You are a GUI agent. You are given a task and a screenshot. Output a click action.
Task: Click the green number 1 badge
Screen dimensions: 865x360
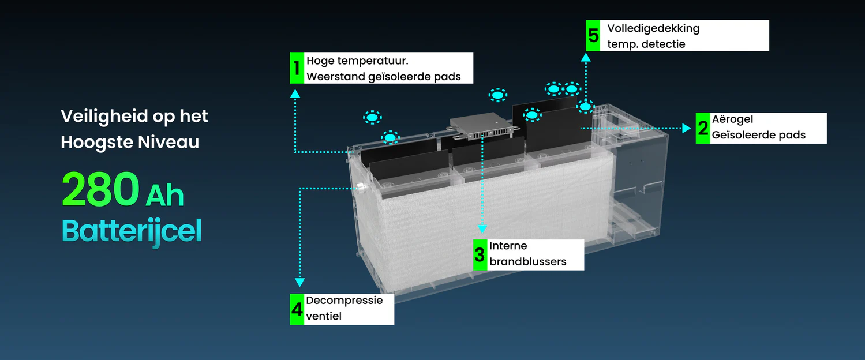(297, 68)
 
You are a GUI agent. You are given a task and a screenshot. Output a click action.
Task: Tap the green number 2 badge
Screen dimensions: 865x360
(702, 128)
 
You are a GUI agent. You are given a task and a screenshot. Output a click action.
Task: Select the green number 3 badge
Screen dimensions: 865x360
(480, 254)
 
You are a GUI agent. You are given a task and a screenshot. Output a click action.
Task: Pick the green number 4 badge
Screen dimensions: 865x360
(297, 309)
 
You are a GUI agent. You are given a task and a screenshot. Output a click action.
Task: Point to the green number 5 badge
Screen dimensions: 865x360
(593, 36)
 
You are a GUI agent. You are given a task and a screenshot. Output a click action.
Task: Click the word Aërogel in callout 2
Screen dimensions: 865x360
(732, 119)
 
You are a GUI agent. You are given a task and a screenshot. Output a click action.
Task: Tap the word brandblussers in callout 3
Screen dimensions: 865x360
(527, 261)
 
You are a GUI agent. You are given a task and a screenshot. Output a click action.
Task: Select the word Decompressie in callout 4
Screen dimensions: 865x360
(344, 301)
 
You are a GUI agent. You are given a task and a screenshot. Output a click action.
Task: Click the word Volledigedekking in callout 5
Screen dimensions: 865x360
(653, 28)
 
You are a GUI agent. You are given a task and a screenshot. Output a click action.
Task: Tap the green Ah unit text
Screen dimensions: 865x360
(164, 196)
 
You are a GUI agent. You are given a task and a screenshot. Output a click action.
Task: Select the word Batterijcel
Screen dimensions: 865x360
(132, 231)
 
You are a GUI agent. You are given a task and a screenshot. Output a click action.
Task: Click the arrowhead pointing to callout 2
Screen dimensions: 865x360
(686, 128)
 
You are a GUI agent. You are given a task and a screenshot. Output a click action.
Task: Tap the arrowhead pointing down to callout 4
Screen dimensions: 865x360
(299, 282)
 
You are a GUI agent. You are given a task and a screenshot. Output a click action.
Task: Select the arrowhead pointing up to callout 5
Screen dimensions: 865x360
(586, 57)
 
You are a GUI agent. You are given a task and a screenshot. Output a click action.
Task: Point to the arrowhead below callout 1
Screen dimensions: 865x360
(295, 93)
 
